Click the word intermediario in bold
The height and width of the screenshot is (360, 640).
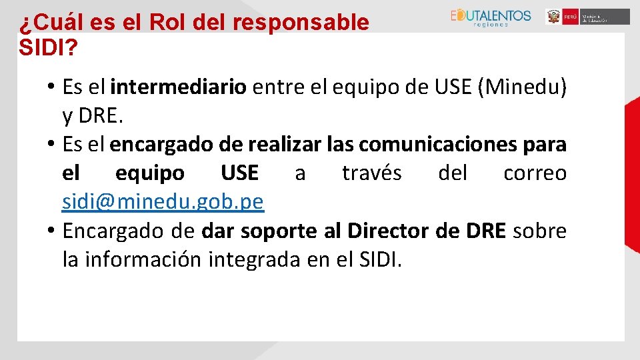[179, 87]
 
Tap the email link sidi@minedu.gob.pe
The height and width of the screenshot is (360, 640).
[163, 201]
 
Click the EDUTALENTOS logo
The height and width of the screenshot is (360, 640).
[491, 17]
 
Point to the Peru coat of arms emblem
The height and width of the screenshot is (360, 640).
[553, 17]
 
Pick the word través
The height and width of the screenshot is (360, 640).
[371, 173]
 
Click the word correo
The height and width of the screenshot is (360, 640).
[535, 173]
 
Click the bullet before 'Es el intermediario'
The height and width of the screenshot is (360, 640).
[51, 87]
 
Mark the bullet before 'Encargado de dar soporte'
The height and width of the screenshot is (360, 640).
[51, 231]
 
